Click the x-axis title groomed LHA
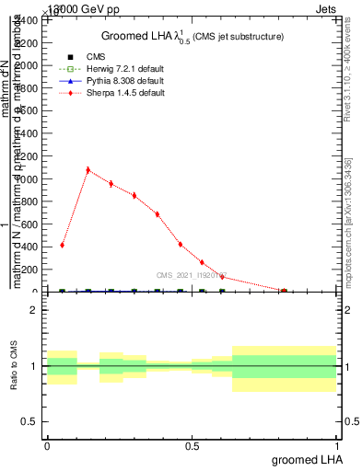[x=308, y=459]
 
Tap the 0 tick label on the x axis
[x=47, y=445]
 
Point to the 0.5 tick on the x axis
[x=192, y=445]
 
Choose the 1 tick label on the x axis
[x=337, y=445]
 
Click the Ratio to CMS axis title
[x=14, y=366]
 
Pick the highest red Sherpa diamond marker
[x=88, y=170]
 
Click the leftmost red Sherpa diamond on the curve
[x=62, y=245]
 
